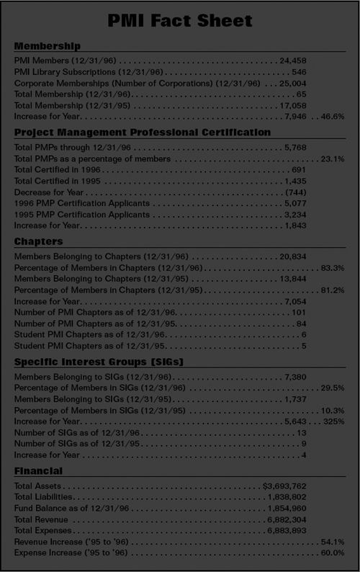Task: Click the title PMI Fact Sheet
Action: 180,20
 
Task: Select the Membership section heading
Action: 48,46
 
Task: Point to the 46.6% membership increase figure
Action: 333,115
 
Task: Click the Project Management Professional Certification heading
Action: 143,133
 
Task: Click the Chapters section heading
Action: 39,241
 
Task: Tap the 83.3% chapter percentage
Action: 333,267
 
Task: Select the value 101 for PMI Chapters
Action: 300,312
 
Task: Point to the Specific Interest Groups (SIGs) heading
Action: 99,361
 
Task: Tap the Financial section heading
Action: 38,471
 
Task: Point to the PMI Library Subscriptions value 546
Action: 300,72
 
